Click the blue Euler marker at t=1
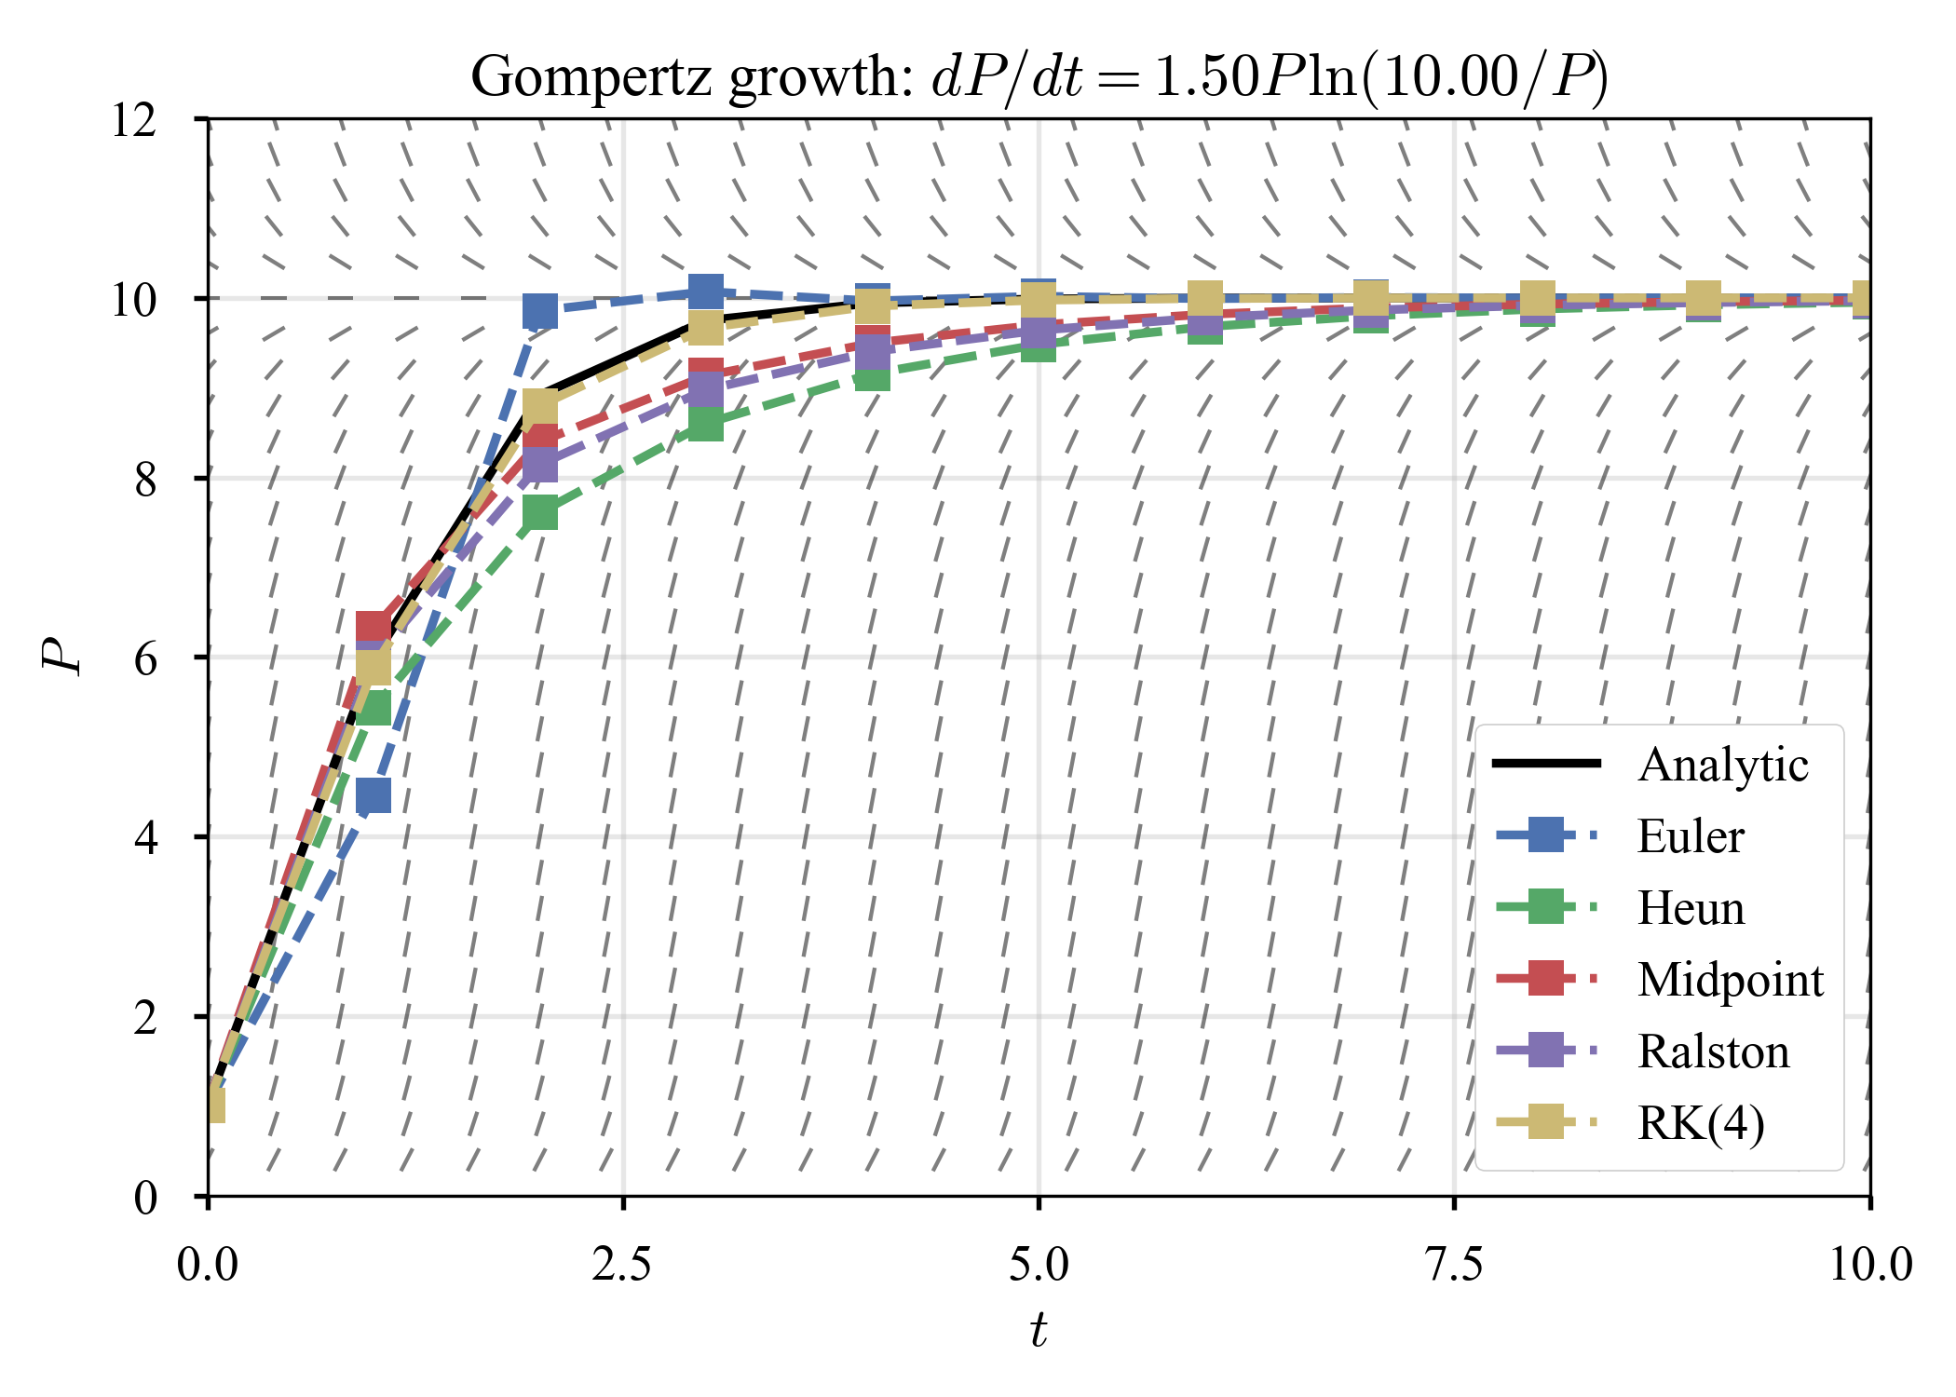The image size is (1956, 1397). click(374, 796)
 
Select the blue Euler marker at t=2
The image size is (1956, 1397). click(540, 311)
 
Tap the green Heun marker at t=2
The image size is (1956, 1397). click(540, 513)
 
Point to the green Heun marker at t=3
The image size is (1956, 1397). click(706, 425)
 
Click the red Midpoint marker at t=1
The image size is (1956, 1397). click(374, 625)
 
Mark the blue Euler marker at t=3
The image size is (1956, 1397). click(706, 292)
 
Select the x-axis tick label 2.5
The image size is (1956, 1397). click(622, 1265)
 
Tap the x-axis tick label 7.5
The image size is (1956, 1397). click(1454, 1265)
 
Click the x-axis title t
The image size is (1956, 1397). click(1039, 1329)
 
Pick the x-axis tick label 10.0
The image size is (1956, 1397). click(1869, 1265)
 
